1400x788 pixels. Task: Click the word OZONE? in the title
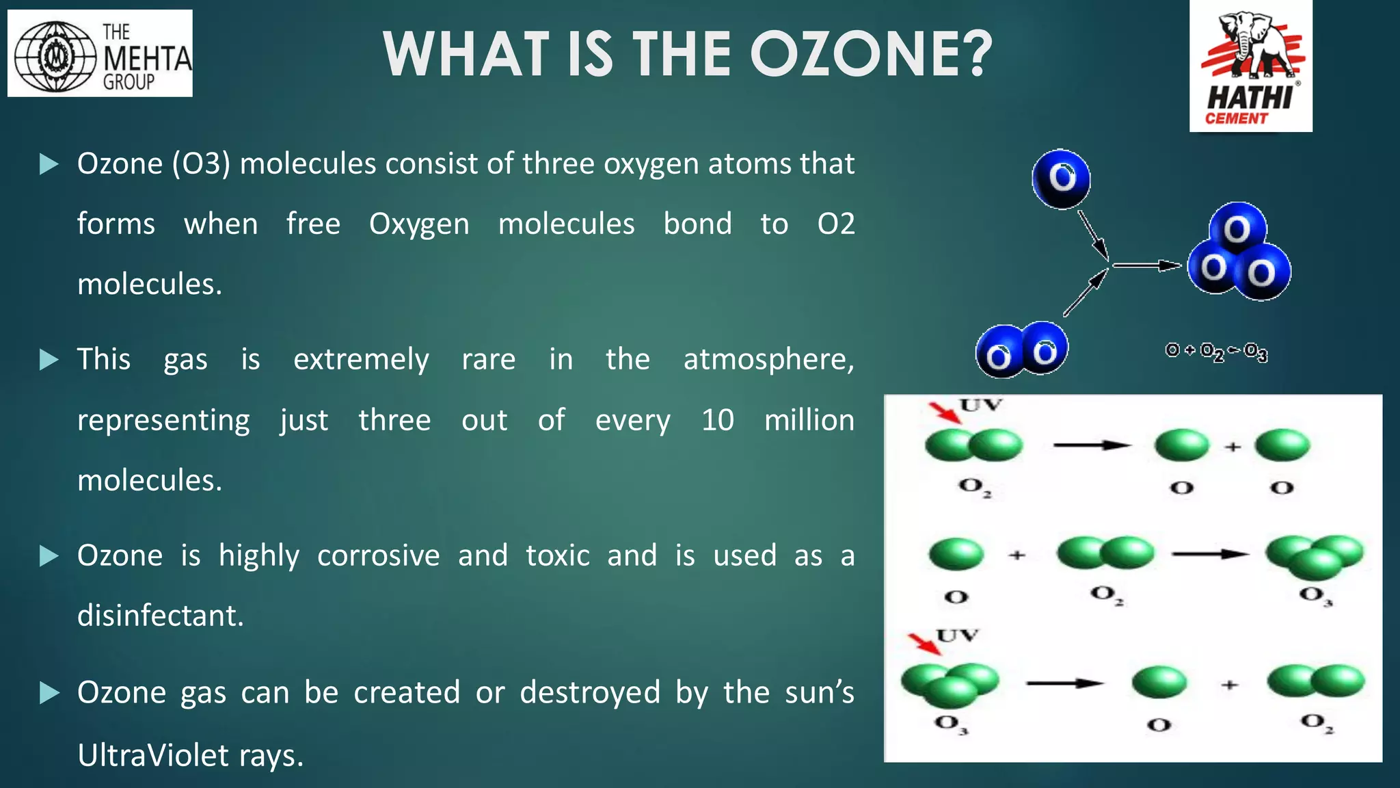[871, 55]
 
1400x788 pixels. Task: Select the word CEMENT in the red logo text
[1236, 119]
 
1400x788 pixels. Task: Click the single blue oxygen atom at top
[1061, 179]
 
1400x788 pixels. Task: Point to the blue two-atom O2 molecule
[1021, 350]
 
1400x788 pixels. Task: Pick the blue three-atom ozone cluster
[1239, 253]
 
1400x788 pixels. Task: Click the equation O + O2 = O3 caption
[1216, 352]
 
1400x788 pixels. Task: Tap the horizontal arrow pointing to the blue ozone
[1146, 265]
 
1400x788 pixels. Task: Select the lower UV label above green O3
[958, 636]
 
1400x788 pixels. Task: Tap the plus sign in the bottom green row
[1229, 684]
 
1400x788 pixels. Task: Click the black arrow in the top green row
[1091, 445]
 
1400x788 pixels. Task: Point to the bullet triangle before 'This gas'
[49, 360]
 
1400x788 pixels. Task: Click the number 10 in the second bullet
[717, 420]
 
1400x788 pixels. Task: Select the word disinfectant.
[160, 616]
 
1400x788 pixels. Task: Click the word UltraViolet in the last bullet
[153, 756]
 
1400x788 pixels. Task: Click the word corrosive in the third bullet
[378, 555]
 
